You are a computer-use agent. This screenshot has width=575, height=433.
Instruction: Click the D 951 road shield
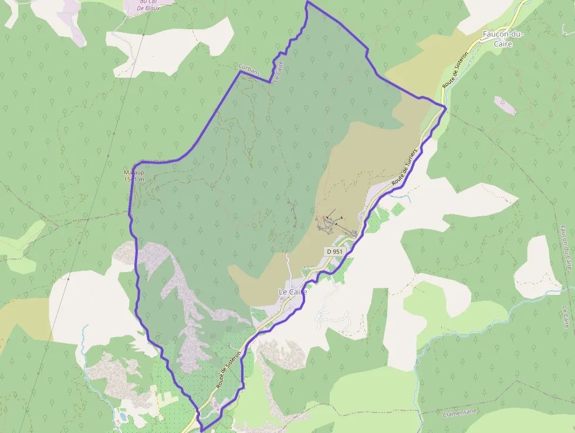334,251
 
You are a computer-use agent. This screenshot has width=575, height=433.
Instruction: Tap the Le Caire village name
293,292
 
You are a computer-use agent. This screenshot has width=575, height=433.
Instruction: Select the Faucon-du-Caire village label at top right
502,39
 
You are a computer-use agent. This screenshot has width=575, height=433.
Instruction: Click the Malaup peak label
134,176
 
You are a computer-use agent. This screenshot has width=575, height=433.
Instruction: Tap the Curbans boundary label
249,68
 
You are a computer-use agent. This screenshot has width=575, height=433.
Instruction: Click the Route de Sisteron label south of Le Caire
228,371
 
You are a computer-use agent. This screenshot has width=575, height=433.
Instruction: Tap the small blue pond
122,417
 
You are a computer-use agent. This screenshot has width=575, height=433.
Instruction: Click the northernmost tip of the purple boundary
307,2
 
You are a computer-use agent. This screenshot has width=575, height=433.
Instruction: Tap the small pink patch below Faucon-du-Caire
505,106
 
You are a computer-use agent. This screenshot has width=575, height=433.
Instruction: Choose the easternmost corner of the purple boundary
446,108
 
